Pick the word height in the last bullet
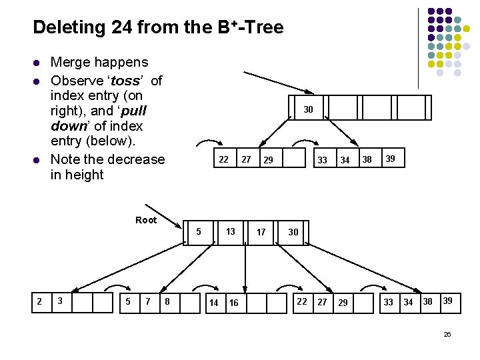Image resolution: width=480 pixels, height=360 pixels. point(85,175)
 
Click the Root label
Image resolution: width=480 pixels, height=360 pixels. point(145,220)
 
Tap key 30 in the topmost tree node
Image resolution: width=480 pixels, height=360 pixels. point(308,109)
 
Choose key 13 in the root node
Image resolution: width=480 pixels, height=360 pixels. point(230,231)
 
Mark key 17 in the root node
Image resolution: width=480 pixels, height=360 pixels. point(261,232)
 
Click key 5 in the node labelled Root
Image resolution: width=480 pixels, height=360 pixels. point(199,231)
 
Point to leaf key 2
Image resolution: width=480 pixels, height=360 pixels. point(39,301)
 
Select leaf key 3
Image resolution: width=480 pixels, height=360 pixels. point(60,301)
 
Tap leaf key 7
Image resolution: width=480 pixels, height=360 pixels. point(147,301)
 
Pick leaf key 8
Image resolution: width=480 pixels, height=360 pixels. point(167,302)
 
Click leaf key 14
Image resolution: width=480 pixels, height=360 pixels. point(213,303)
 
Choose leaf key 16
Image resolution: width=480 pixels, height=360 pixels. point(234,303)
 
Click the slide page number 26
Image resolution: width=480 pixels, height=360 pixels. point(447,333)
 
